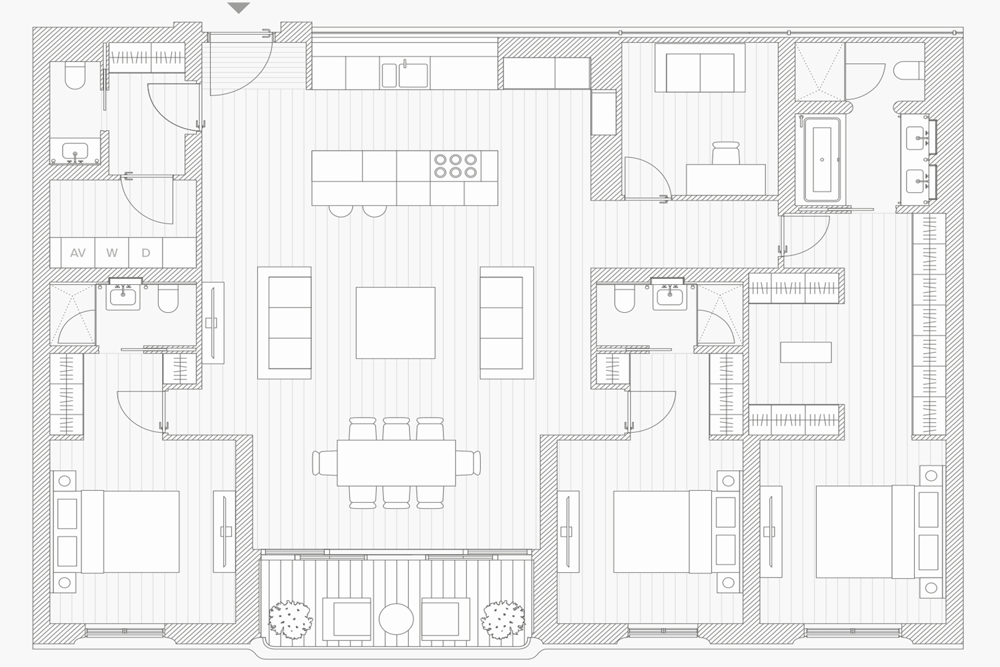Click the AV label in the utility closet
coord(78,253)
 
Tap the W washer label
coord(111,253)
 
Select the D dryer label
coord(145,253)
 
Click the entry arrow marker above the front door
coord(239,8)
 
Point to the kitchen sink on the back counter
coord(405,75)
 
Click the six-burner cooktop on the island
coord(455,165)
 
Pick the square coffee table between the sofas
coord(395,323)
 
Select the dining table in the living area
coord(397,463)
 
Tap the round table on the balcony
coord(396,619)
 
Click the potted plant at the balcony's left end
coord(290,619)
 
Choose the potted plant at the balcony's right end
coord(503,619)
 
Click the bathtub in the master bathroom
coord(822,159)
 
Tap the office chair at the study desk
coord(726,153)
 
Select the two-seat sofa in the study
coord(700,68)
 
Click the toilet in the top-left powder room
coord(75,76)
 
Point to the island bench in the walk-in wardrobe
coord(806,352)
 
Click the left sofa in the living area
coord(285,323)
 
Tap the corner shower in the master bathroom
coord(819,71)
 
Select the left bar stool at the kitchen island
coord(341,211)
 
